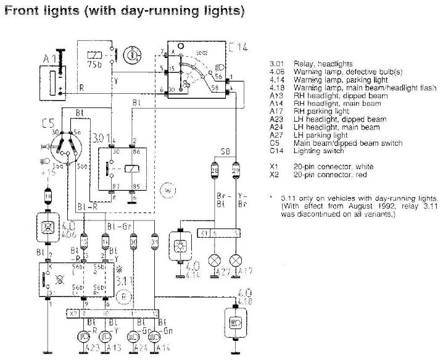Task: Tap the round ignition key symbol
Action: click(131, 54)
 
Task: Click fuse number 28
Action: click(215, 169)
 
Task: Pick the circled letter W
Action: click(167, 191)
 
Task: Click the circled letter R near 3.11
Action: click(124, 296)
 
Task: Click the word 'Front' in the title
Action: click(25, 11)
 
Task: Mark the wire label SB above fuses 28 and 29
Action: click(227, 150)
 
